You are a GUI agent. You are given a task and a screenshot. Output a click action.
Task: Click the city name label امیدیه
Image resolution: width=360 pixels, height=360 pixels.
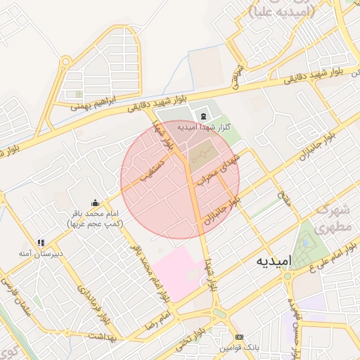pos(269,262)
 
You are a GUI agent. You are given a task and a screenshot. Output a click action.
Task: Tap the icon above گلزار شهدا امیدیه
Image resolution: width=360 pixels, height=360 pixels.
pos(203,116)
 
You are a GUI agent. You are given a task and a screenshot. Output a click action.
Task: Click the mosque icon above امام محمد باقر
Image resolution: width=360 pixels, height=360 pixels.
pos(95,202)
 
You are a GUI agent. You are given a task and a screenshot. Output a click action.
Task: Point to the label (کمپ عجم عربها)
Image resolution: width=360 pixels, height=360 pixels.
pos(95,223)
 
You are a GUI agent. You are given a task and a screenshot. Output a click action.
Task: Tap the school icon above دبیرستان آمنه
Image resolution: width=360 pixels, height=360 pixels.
pos(41,242)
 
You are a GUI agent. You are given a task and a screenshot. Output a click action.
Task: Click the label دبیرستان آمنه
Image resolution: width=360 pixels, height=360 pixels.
pos(41,252)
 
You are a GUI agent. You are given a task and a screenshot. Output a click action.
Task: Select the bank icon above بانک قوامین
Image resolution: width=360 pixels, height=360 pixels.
pos(238,337)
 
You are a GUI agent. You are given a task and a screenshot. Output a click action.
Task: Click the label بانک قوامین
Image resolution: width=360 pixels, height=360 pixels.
pos(238,348)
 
